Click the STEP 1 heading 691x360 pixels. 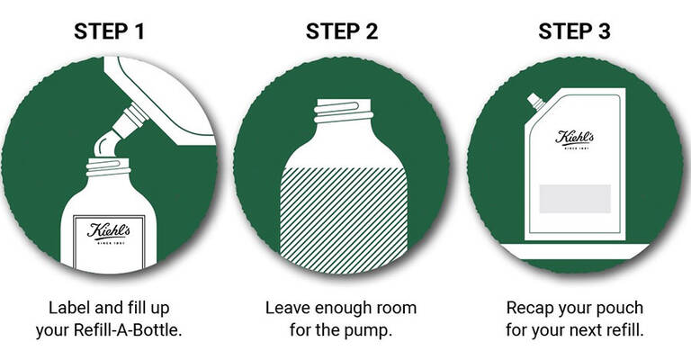coord(110,32)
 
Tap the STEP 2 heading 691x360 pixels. coord(341,32)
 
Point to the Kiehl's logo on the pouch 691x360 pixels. coord(573,139)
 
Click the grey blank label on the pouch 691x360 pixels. coord(574,198)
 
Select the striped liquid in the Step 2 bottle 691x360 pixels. coord(341,216)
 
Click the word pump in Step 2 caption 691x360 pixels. coord(371,329)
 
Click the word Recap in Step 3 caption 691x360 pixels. coord(530,308)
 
